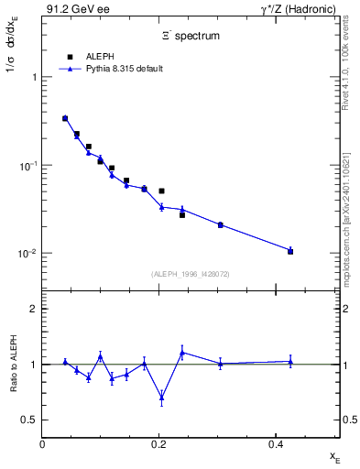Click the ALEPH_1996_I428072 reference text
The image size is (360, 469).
point(191,273)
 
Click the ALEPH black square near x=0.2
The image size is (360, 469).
point(161,191)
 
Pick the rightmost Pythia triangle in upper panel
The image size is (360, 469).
point(290,249)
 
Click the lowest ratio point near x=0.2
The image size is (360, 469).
point(161,397)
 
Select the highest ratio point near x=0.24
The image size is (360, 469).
point(182,352)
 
